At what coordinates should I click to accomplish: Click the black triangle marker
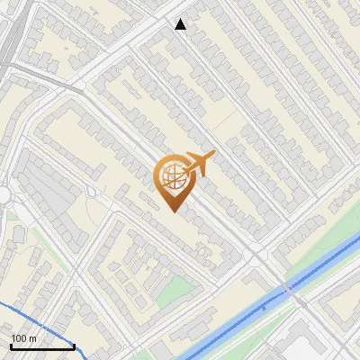tap(181, 24)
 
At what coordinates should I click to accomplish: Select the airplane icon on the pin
tap(199, 163)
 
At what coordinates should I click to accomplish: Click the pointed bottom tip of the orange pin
tap(173, 211)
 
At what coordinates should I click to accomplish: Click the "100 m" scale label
tap(23, 337)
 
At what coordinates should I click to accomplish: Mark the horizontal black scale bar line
tap(42, 346)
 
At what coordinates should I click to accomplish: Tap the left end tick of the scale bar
tap(11, 345)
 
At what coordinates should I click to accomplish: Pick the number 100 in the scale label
tap(19, 337)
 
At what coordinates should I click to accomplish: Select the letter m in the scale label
tap(32, 338)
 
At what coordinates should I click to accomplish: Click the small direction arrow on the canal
tap(264, 308)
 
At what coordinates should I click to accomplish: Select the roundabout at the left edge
tap(3, 195)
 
